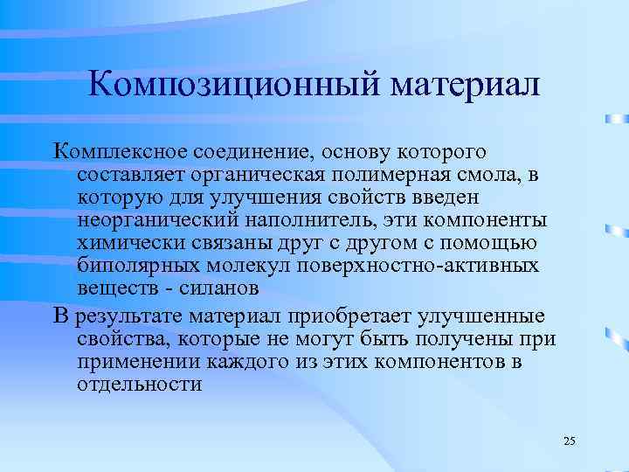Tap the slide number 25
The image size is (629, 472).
[569, 441]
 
